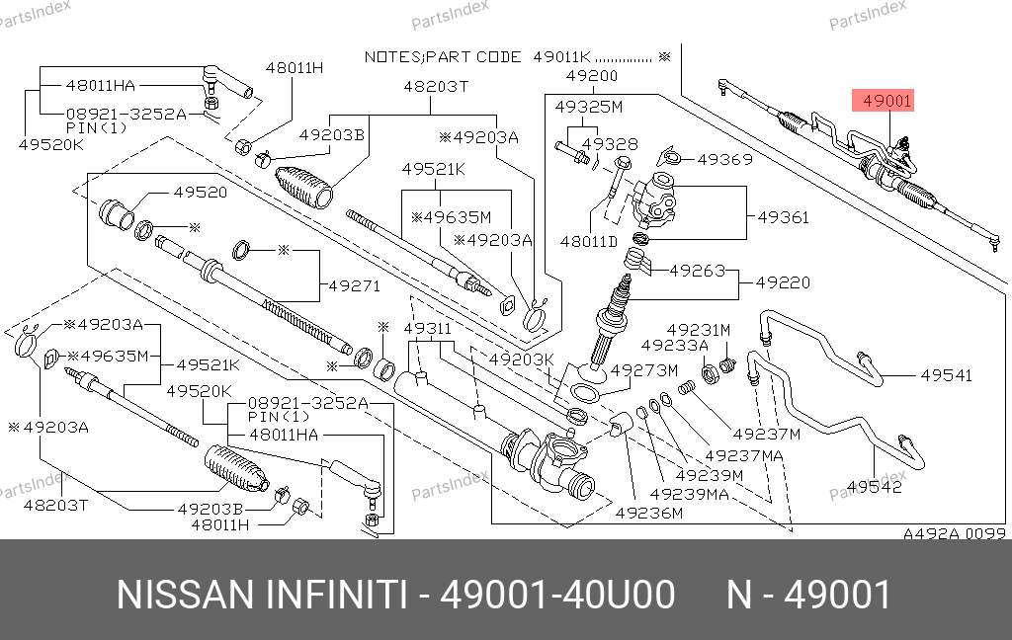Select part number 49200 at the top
[592, 76]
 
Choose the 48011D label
[588, 240]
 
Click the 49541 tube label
[946, 375]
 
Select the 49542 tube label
[875, 486]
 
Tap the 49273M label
[643, 370]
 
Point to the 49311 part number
[426, 328]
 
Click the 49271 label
[354, 286]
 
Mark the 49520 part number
[201, 193]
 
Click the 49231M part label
[698, 330]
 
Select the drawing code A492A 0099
[954, 533]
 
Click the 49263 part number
[697, 270]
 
